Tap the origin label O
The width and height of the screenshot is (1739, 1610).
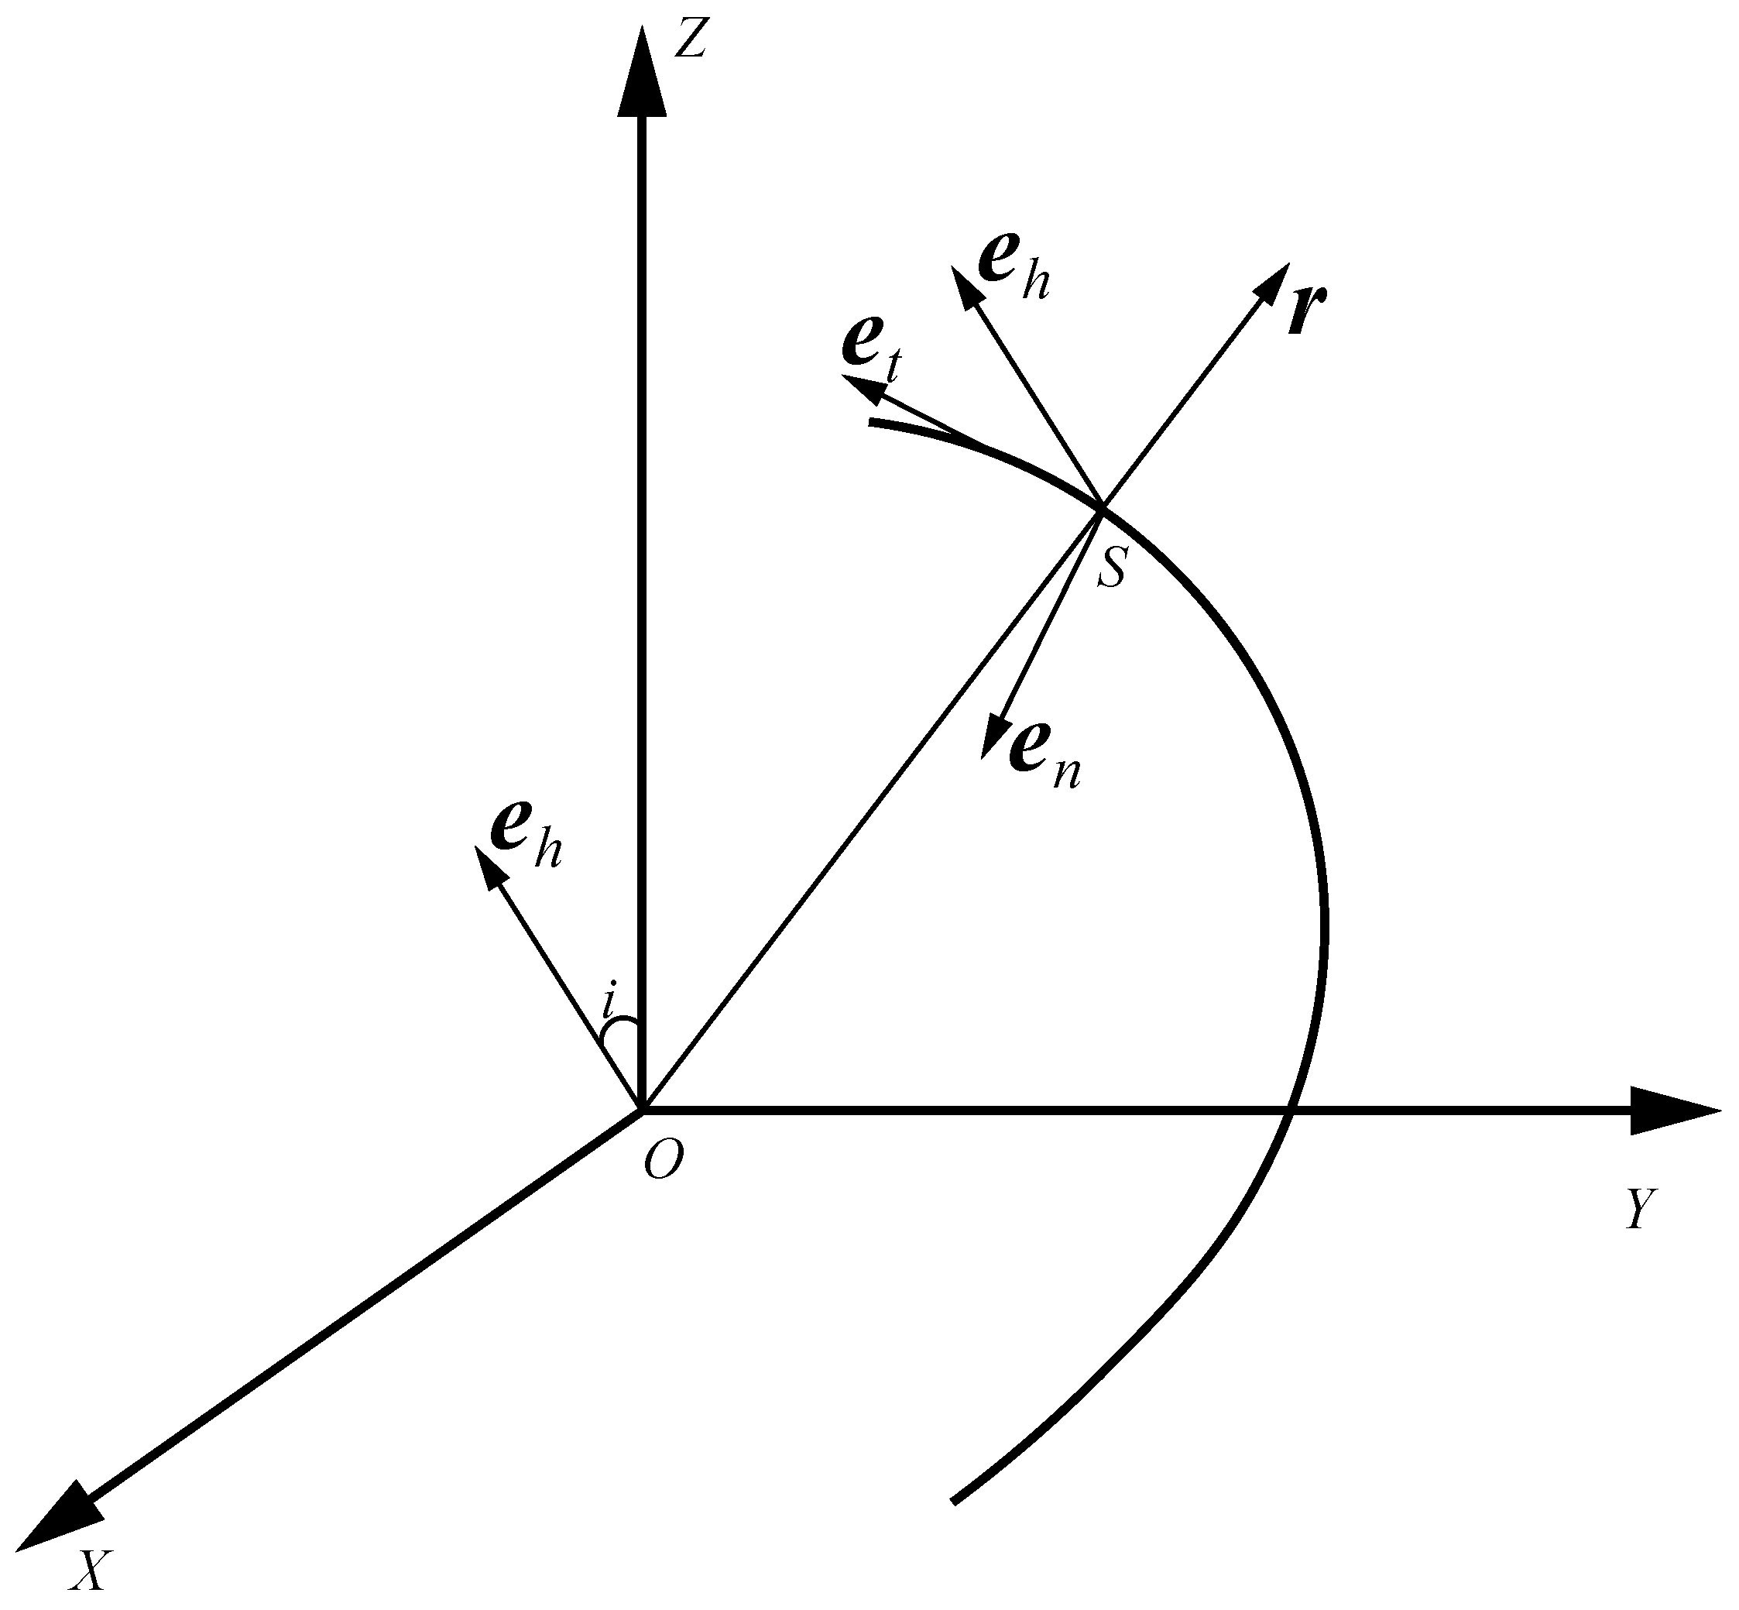(x=663, y=1162)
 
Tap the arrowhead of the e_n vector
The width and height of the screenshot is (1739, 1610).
(x=993, y=737)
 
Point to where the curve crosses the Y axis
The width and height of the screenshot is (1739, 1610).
(x=1292, y=1111)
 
